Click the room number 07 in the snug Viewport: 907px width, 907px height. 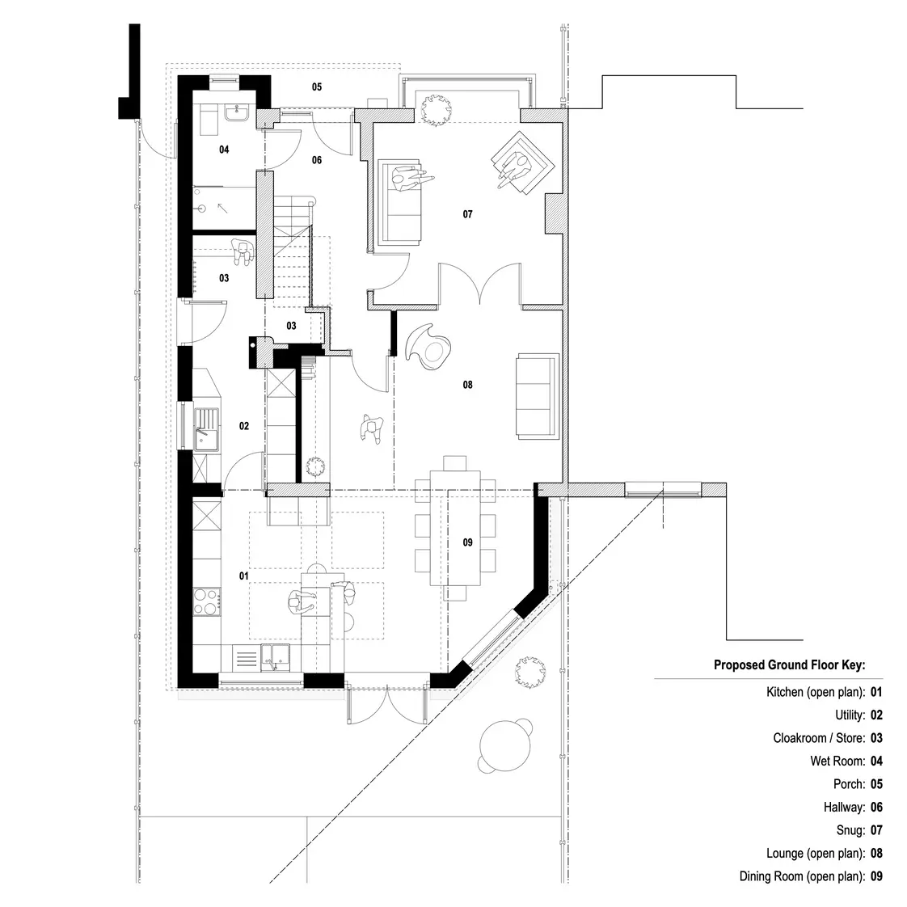(x=467, y=215)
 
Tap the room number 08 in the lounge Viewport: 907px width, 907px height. (x=467, y=386)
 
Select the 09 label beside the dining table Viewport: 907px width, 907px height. (x=467, y=542)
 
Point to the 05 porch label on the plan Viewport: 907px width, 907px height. (x=317, y=86)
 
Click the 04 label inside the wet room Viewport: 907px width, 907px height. (x=224, y=150)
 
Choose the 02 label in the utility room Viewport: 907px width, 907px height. (x=243, y=426)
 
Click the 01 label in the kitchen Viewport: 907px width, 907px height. (x=243, y=576)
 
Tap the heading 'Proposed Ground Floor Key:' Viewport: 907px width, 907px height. (x=789, y=665)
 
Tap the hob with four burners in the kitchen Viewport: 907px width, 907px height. (x=207, y=601)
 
